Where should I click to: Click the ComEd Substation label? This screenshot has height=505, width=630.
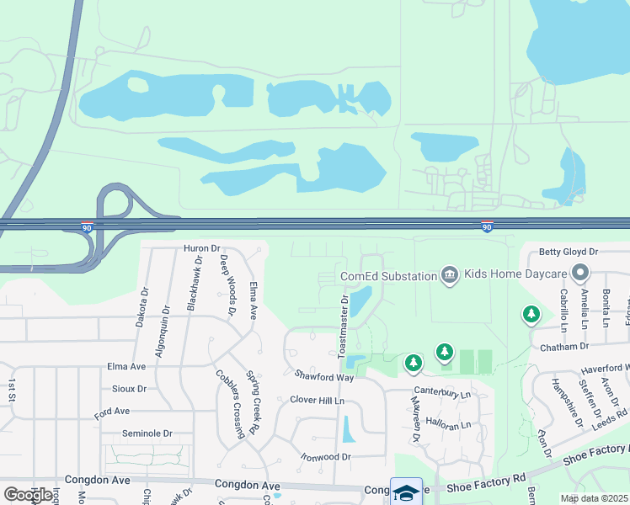point(387,276)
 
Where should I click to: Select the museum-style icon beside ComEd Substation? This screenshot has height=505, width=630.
point(449,275)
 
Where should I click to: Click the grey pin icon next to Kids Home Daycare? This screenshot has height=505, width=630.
point(579,274)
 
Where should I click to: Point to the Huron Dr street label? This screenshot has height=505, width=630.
point(201,248)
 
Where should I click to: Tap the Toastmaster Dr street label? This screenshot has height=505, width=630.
point(344,327)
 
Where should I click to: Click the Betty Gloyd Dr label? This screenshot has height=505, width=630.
point(568,252)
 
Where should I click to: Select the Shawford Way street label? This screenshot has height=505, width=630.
point(324,376)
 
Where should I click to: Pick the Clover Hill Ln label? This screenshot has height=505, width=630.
point(318,400)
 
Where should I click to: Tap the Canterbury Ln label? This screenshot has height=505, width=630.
point(441,394)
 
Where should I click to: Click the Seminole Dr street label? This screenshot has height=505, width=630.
point(147,433)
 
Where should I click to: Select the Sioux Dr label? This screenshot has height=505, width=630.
point(129,389)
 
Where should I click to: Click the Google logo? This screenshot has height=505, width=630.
point(28,495)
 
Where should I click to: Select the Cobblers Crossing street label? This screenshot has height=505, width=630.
point(230,404)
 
